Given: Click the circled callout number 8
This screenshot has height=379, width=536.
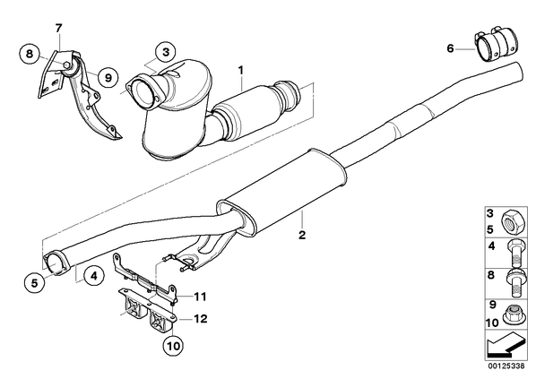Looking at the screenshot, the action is click(30, 54).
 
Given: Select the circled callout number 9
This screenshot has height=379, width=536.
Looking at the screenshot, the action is click(108, 78).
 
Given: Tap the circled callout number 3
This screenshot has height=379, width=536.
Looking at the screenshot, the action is click(166, 53).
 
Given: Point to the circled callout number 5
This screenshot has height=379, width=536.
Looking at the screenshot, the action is click(35, 283).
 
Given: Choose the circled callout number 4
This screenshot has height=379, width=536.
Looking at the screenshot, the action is click(94, 275).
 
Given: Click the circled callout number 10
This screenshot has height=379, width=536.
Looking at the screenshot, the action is click(174, 346).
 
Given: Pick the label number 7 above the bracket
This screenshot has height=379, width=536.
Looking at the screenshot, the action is click(59, 28).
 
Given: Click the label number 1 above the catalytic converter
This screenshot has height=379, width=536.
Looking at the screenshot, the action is click(241, 71).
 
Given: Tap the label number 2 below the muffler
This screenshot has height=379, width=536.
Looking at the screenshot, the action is click(302, 235).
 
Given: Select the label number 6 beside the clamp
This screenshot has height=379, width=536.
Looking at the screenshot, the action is click(451, 48).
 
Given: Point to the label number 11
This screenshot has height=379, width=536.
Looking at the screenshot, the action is click(200, 297).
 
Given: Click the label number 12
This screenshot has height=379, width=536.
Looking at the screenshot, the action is click(200, 319).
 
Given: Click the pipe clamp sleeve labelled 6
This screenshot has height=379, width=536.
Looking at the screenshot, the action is click(496, 46).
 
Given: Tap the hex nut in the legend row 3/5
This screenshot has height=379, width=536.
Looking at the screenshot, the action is click(512, 223).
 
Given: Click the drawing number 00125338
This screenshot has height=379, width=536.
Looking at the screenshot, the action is click(506, 366).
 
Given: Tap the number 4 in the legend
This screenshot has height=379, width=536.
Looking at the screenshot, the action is click(491, 245).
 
